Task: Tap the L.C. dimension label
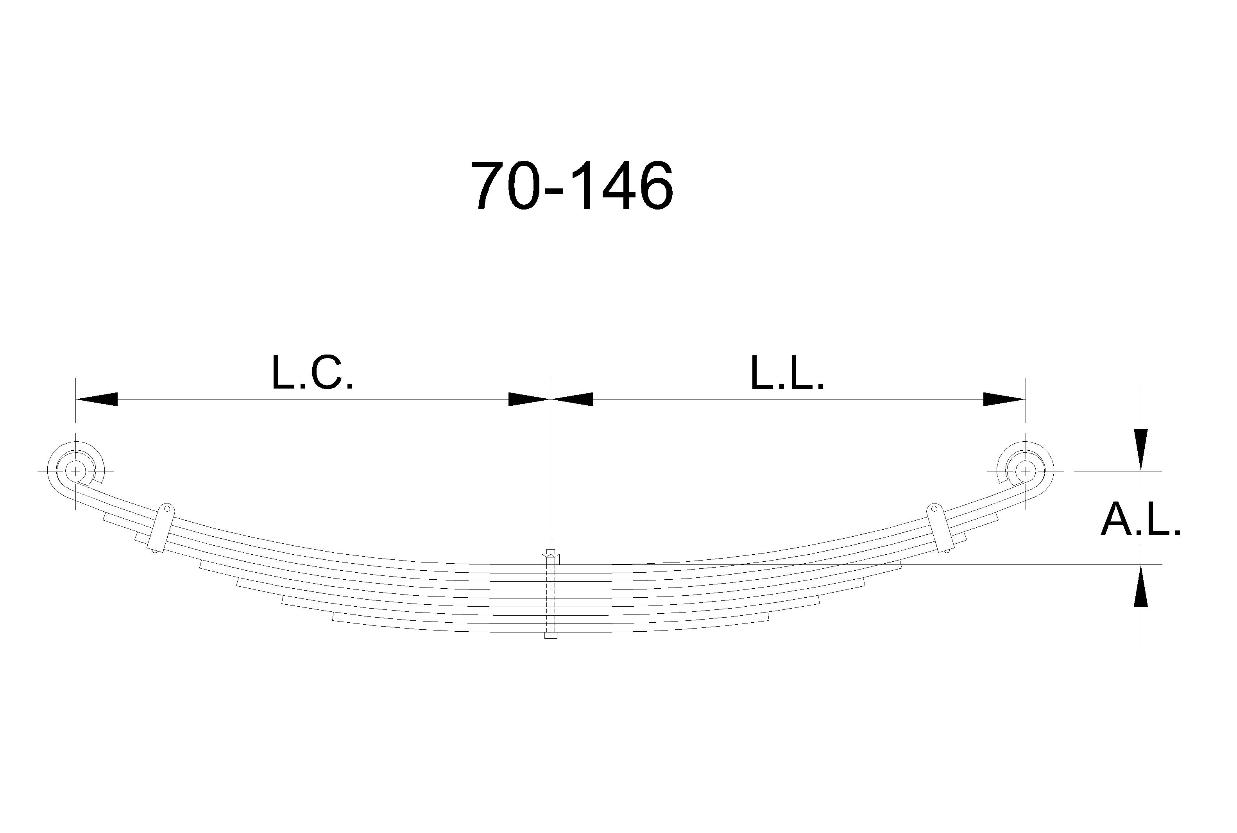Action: (312, 373)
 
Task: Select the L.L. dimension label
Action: (787, 373)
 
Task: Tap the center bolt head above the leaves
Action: (551, 557)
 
